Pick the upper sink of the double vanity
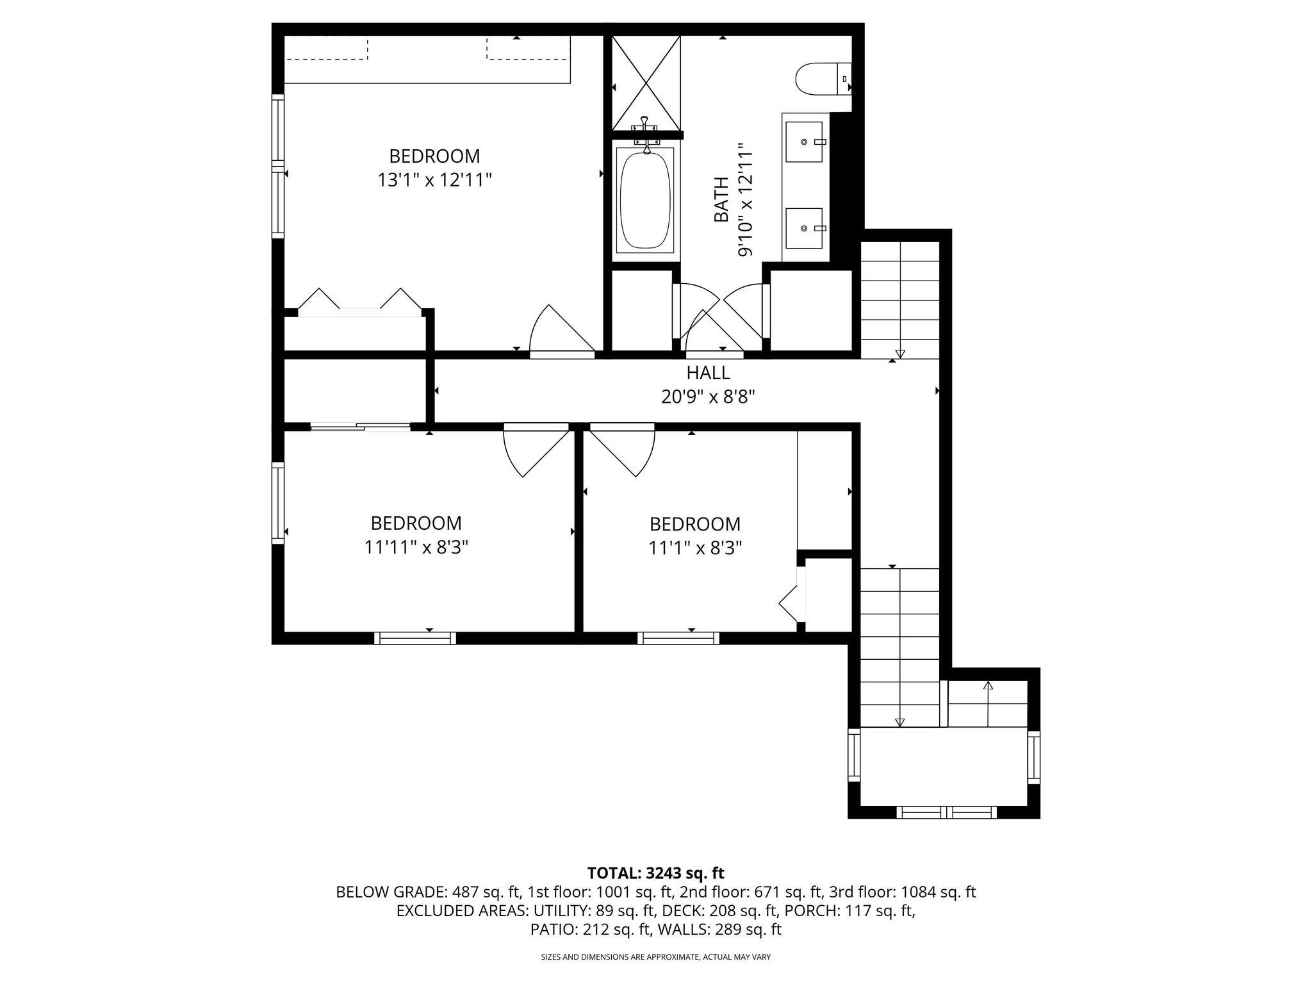tap(804, 142)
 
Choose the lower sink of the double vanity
tap(804, 227)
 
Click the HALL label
tap(708, 372)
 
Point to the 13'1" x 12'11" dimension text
tap(434, 180)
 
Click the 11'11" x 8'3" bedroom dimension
tap(416, 547)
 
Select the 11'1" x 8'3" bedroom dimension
tap(695, 548)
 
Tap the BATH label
tap(721, 199)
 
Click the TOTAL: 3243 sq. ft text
tap(655, 873)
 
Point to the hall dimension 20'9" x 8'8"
tap(708, 397)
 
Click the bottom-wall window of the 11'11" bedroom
tap(415, 638)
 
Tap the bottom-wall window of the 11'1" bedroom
tap(678, 638)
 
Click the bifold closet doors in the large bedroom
tap(359, 304)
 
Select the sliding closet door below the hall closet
tap(360, 425)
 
